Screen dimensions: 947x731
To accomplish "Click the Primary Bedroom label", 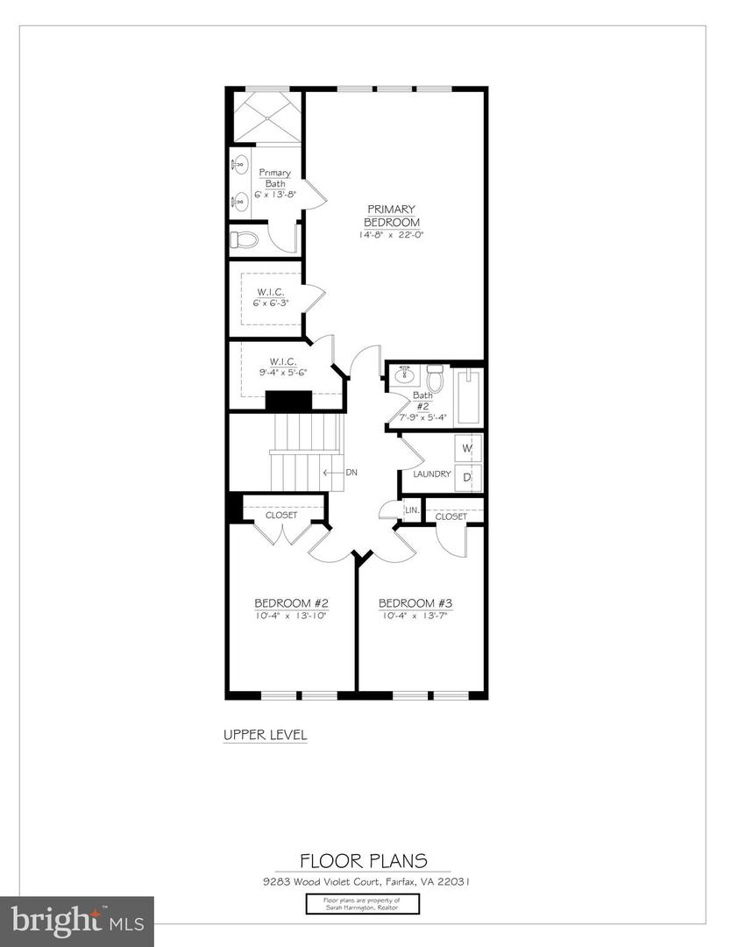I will point(391,216).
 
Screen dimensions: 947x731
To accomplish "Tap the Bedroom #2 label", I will point(291,603).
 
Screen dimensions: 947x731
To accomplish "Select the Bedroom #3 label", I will point(415,603).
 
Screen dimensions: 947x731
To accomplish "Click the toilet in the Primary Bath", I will point(245,239).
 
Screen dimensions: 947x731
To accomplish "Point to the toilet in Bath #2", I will point(435,379).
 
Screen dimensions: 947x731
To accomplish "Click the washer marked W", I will point(467,448).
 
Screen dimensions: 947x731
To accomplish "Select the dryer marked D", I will point(467,477).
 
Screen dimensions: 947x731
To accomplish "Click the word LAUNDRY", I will point(432,474).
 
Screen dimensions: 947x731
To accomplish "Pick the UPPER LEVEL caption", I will point(265,735).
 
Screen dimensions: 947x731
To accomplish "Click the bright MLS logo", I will point(77,921).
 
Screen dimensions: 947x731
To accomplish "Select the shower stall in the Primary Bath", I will point(266,116).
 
